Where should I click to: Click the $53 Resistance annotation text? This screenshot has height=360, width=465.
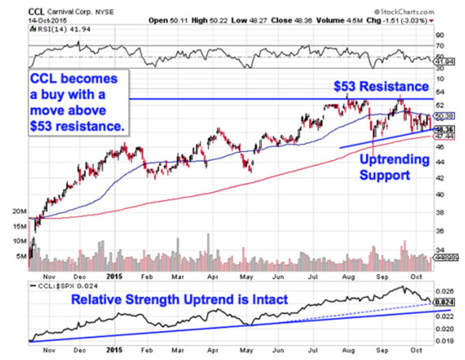coord(381,86)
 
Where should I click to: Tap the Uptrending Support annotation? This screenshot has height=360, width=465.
coord(394,167)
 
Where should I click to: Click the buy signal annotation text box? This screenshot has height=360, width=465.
coord(78,103)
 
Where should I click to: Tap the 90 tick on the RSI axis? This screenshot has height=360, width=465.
coord(440,35)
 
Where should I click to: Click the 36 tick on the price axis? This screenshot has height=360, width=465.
coord(440,231)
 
